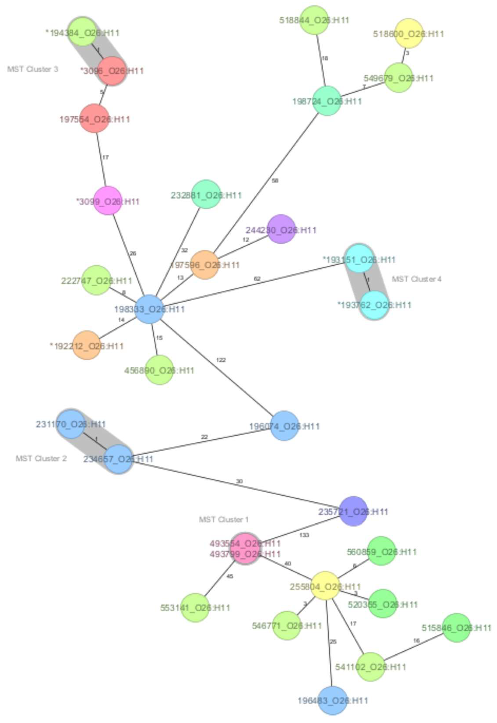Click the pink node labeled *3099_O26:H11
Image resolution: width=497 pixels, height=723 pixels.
click(108, 201)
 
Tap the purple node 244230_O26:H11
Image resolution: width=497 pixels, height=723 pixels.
click(281, 229)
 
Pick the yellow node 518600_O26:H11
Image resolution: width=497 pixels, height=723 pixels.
click(409, 33)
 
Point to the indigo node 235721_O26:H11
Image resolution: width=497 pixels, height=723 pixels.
click(353, 511)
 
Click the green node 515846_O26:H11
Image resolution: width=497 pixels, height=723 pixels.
click(456, 628)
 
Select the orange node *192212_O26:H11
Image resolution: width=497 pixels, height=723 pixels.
click(87, 345)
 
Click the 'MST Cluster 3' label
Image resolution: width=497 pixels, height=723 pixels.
click(33, 69)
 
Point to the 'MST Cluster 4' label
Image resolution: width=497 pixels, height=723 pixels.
click(416, 279)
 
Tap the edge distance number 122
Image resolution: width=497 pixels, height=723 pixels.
click(221, 360)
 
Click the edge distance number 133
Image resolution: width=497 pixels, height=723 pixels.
click(304, 535)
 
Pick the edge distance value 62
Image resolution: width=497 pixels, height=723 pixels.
click(257, 279)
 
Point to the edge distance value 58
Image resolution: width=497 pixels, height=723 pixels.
click(275, 181)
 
